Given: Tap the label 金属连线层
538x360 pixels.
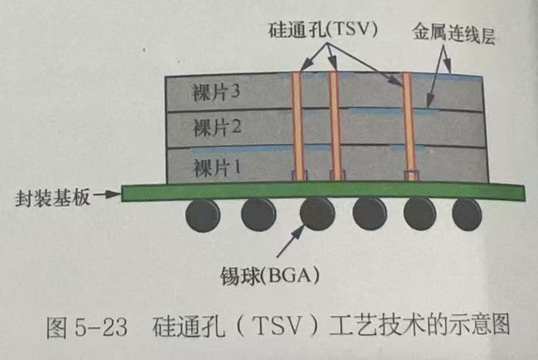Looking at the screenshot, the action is pyautogui.click(x=454, y=35).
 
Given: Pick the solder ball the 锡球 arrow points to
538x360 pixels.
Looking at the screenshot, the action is pyautogui.click(x=316, y=214).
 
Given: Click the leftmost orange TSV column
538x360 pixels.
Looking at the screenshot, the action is pyautogui.click(x=298, y=124).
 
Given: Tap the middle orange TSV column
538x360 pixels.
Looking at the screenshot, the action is pyautogui.click(x=334, y=124).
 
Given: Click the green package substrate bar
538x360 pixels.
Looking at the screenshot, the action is pyautogui.click(x=322, y=192).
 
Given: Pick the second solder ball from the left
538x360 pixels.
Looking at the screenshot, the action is pyautogui.click(x=258, y=214).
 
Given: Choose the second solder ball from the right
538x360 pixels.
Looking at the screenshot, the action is pyautogui.click(x=421, y=214).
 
